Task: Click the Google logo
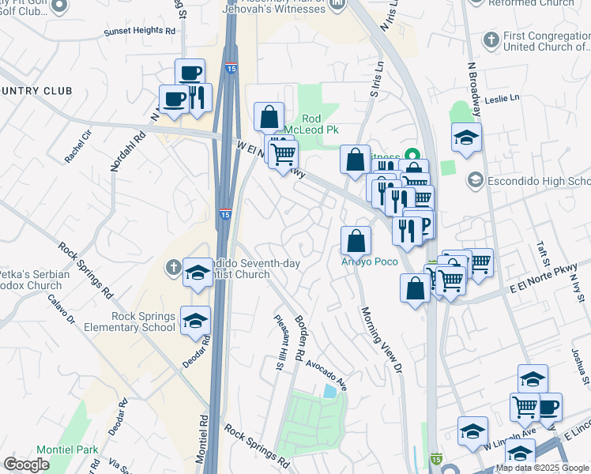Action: (x=26, y=465)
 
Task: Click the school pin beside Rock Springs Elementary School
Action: (x=195, y=322)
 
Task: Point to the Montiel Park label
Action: (x=72, y=450)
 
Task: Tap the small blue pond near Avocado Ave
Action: (x=329, y=390)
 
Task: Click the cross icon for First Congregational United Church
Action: (x=491, y=39)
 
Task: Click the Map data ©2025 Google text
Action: (x=541, y=468)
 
